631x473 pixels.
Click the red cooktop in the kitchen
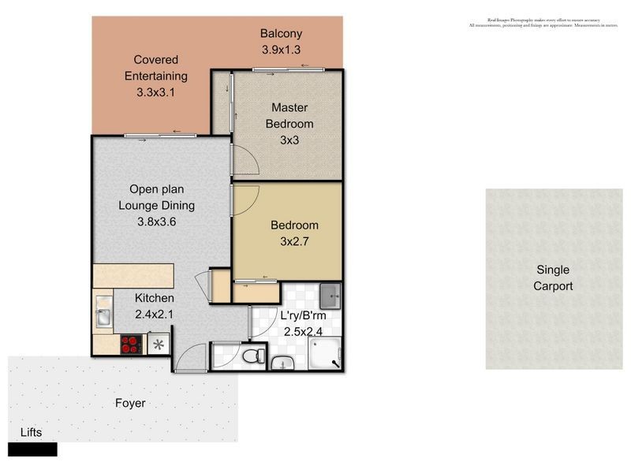pyautogui.click(x=129, y=344)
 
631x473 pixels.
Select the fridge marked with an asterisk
pyautogui.click(x=159, y=345)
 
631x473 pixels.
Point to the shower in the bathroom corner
pyautogui.click(x=326, y=355)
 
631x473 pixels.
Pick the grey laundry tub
pyautogui.click(x=330, y=297)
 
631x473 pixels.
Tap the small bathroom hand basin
pyautogui.click(x=282, y=363)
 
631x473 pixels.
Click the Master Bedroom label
pyautogui.click(x=289, y=116)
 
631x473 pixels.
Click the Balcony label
pyautogui.click(x=282, y=34)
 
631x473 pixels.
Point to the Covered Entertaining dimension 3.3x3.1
pyautogui.click(x=155, y=92)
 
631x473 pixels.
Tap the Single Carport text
pyautogui.click(x=552, y=278)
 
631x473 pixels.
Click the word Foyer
pyautogui.click(x=130, y=403)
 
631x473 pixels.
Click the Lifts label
pyautogui.click(x=26, y=432)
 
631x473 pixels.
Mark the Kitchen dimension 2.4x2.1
pyautogui.click(x=155, y=315)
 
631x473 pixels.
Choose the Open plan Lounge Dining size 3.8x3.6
pyautogui.click(x=156, y=222)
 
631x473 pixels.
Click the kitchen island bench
pyautogui.click(x=133, y=276)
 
